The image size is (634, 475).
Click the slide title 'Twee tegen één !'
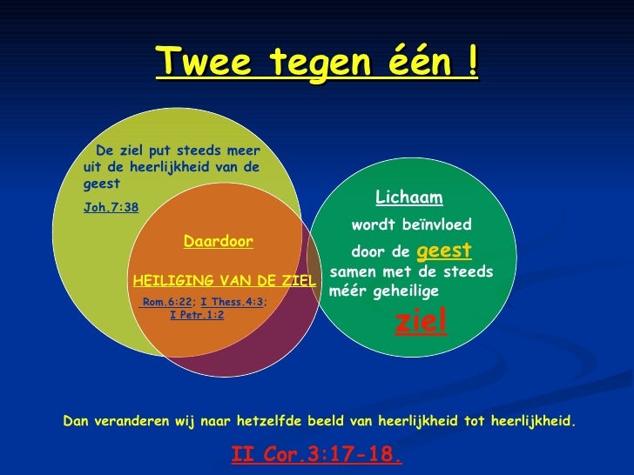[x=317, y=62]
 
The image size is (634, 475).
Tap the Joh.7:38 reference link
[x=111, y=208]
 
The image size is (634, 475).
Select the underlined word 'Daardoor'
[x=219, y=241]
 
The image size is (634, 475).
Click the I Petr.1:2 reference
[x=197, y=314]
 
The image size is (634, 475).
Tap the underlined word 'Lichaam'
[x=408, y=197]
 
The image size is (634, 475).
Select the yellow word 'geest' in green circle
[x=445, y=251]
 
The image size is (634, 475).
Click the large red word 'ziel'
[x=422, y=321]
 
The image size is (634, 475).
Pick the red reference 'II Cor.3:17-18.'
[x=316, y=454]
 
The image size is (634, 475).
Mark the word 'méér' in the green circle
[x=346, y=291]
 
